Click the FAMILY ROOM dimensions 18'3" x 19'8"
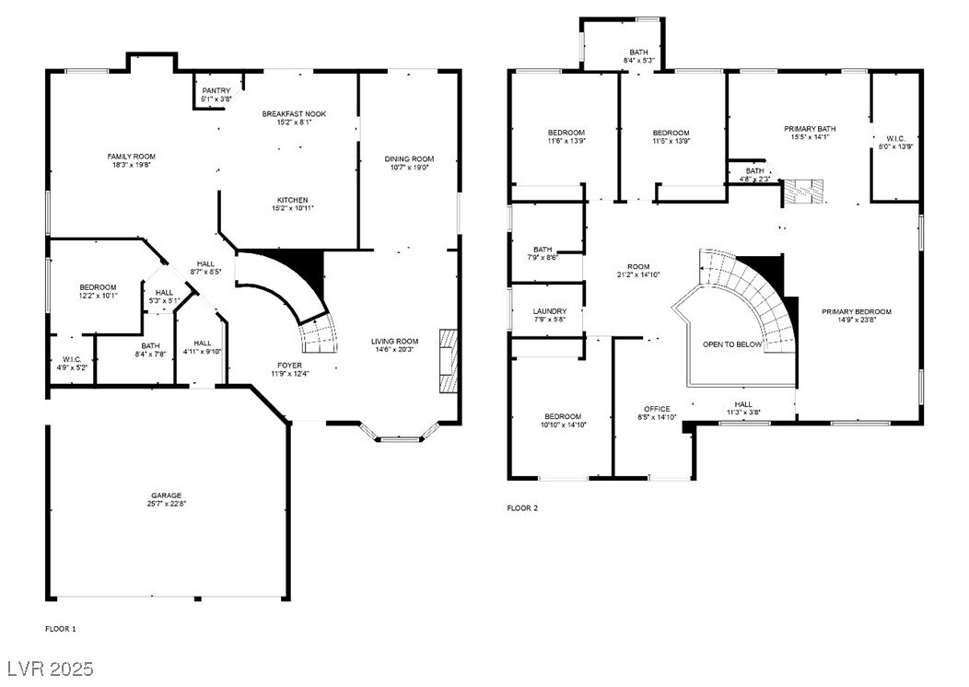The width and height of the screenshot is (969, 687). coord(132,167)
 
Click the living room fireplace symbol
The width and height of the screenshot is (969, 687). coord(448,361)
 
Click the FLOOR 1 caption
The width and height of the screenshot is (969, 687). coord(61,629)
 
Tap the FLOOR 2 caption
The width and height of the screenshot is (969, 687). coord(522,508)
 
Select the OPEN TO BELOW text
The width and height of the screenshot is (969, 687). coord(732,344)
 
